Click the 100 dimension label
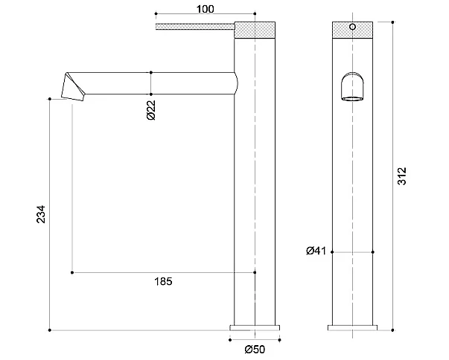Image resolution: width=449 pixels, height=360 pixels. [205, 9]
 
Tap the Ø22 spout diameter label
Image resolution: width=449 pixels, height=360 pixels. [151, 110]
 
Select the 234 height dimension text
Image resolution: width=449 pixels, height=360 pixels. [41, 214]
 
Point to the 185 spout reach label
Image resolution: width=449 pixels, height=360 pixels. [164, 282]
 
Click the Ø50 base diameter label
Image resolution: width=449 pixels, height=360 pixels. [255, 349]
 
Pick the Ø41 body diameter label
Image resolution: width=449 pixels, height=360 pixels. [316, 251]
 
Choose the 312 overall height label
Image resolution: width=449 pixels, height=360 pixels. [402, 176]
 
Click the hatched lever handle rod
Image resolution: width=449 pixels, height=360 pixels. [195, 27]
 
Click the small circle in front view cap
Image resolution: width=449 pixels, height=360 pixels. [352, 27]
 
